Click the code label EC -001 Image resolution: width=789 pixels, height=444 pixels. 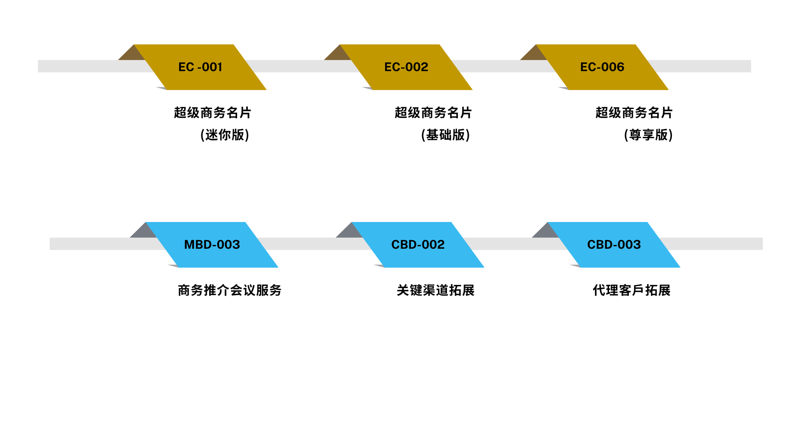[x=200, y=67]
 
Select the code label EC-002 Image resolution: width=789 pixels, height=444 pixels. [x=406, y=67]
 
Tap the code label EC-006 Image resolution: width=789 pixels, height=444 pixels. [x=602, y=67]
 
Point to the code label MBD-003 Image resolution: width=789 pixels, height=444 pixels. [x=212, y=245]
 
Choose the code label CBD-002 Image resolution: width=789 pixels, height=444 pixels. [x=418, y=245]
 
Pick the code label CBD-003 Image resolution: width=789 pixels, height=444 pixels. [x=614, y=245]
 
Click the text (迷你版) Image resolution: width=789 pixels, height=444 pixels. [x=225, y=135]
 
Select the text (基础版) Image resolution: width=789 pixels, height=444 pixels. [x=445, y=135]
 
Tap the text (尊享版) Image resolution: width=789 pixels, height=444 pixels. [x=648, y=135]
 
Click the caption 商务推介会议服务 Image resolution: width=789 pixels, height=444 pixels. [x=230, y=290]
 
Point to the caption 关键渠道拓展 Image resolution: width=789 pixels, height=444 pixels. [x=436, y=290]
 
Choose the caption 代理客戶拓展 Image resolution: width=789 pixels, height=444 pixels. [x=632, y=290]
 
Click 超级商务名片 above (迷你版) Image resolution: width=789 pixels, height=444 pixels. [x=212, y=113]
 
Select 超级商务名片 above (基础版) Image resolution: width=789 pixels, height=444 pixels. [x=433, y=113]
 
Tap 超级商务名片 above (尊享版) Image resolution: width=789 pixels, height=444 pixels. [x=634, y=113]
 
